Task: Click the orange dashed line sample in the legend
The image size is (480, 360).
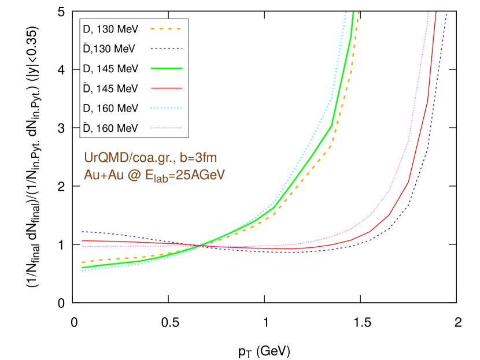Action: pos(167,28)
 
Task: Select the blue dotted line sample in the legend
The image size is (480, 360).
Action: pos(167,49)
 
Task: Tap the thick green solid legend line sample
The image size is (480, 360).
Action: pos(167,68)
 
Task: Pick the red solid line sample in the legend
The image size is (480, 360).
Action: pos(167,88)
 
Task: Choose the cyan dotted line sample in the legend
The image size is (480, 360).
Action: pos(167,107)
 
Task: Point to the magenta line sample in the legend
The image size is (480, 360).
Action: pos(167,128)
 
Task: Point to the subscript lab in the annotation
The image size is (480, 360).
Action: pos(160,179)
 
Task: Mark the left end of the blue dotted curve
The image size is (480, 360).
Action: pos(83,231)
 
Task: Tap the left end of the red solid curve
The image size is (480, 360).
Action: pos(83,240)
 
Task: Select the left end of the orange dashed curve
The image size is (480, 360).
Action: pos(83,262)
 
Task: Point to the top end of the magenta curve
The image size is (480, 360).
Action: pos(429,12)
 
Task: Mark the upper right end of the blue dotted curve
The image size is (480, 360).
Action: pos(446,14)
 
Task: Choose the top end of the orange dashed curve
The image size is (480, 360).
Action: pos(359,12)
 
